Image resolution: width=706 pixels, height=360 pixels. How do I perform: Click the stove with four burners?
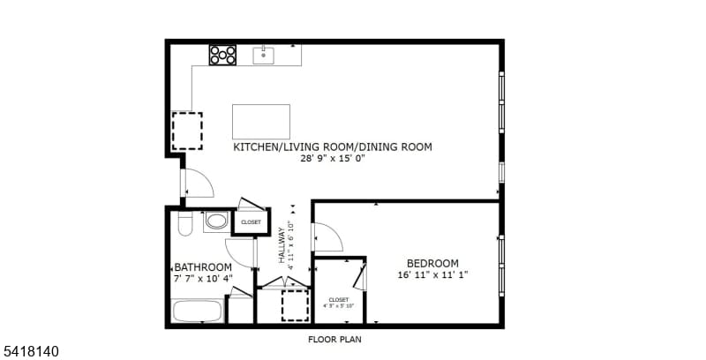(x=223, y=55)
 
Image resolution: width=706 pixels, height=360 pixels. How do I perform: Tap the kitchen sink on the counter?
(x=264, y=56)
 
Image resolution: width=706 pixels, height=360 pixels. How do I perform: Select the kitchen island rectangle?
(x=261, y=121)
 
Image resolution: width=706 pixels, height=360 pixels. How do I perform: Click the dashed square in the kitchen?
(x=186, y=130)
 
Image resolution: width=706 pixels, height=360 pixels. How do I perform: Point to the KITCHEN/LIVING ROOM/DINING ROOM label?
(x=332, y=147)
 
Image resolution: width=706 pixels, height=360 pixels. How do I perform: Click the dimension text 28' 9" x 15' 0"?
(x=332, y=159)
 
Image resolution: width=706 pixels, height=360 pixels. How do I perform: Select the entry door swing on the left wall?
(x=198, y=184)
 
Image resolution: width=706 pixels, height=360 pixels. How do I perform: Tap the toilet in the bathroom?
(x=184, y=224)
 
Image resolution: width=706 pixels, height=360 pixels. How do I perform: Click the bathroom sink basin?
(x=216, y=221)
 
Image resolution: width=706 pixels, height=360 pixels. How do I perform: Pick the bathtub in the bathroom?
(x=198, y=311)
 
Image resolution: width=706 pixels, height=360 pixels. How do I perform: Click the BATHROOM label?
(x=203, y=267)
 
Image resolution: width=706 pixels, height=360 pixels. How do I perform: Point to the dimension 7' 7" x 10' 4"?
(x=203, y=279)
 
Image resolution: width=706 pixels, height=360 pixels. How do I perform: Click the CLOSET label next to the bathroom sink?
(x=251, y=222)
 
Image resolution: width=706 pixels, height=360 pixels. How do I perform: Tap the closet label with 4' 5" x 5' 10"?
(x=339, y=303)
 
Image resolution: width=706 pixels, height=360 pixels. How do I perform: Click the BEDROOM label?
(x=432, y=263)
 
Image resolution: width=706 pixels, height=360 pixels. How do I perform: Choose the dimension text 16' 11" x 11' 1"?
(x=432, y=274)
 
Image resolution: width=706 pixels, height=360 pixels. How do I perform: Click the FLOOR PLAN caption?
(x=334, y=339)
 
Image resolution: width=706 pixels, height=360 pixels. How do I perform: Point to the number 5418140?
(x=31, y=351)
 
